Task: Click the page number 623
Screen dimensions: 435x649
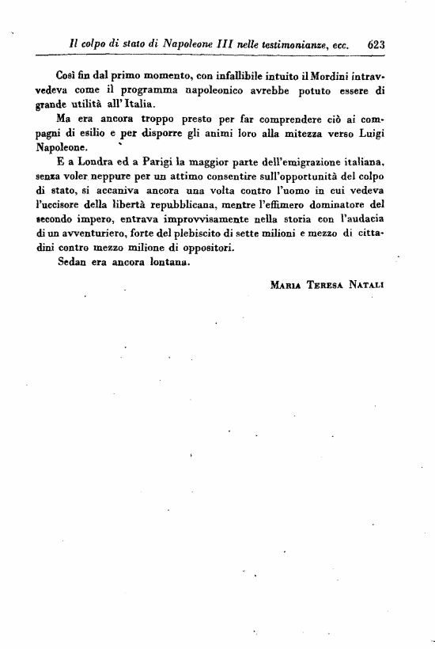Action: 376,45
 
